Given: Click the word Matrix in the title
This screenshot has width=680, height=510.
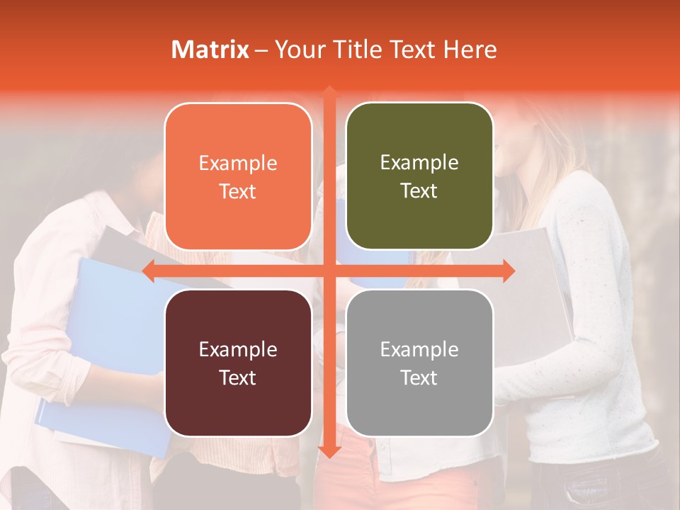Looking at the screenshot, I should point(210,50).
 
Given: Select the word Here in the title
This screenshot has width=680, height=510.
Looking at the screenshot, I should point(470,50).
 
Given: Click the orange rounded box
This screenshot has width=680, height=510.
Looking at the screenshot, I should point(238,176).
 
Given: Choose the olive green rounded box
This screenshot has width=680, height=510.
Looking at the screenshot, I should point(419,176).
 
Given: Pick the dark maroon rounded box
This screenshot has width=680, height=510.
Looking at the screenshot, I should point(238,363).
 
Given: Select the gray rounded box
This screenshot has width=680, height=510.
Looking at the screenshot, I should point(419,363).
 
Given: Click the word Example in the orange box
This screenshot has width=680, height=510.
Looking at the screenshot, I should point(238,164).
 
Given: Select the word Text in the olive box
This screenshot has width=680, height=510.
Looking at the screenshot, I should point(419,191).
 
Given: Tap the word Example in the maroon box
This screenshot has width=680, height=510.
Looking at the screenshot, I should point(238,349).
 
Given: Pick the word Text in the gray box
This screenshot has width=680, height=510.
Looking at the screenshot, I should point(419,378).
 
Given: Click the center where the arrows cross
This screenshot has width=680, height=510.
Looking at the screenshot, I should point(329,271).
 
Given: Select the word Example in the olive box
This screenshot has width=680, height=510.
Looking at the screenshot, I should point(419,163).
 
